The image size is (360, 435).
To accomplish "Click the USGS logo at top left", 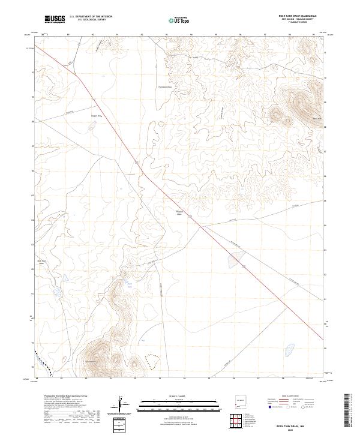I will click(x=55, y=20).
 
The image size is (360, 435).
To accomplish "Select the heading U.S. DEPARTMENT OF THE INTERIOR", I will click(x=91, y=16).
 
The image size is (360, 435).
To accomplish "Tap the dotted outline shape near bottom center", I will click(x=152, y=360).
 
